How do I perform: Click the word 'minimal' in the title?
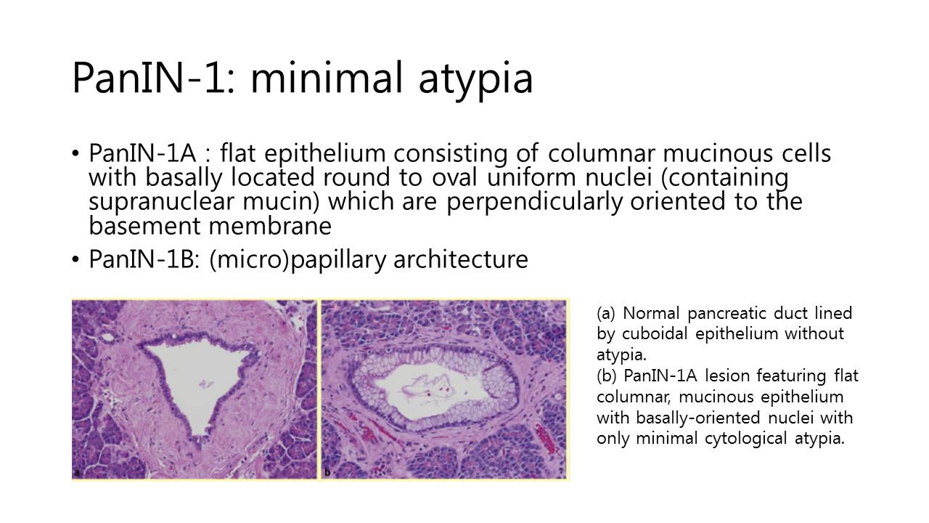pyautogui.click(x=327, y=78)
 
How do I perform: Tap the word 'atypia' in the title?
pyautogui.click(x=475, y=81)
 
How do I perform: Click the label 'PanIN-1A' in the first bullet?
pyautogui.click(x=142, y=153)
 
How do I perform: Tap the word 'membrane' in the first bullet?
pyautogui.click(x=270, y=226)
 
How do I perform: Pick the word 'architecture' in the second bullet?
pyautogui.click(x=461, y=259)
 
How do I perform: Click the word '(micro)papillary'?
pyautogui.click(x=298, y=260)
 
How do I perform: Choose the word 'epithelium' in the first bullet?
pyautogui.click(x=325, y=154)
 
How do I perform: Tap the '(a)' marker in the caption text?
pyautogui.click(x=606, y=313)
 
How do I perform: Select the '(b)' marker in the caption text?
pyautogui.click(x=606, y=376)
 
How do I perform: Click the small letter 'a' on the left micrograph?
pyautogui.click(x=77, y=473)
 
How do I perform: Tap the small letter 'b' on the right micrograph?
pyautogui.click(x=327, y=472)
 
